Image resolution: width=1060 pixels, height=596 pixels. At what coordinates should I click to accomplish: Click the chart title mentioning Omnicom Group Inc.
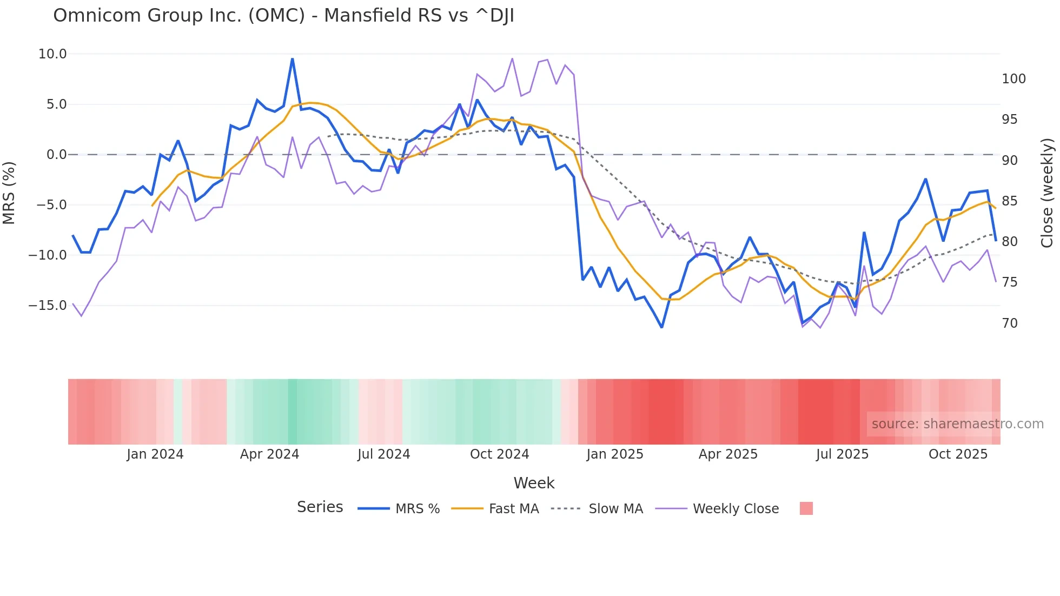click(x=283, y=16)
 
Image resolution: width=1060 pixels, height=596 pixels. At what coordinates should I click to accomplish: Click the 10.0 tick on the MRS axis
click(x=52, y=54)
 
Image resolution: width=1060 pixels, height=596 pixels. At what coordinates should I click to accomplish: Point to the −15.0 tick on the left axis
click(x=48, y=306)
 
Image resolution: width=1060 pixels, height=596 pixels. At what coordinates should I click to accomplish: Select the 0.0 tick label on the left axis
click(x=56, y=155)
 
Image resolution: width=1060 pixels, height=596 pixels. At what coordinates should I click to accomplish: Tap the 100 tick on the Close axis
click(x=1013, y=79)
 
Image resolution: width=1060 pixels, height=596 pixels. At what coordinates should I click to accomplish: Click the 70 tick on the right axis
click(x=1010, y=323)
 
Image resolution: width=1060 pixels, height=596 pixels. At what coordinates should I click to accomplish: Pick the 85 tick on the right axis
click(x=1010, y=201)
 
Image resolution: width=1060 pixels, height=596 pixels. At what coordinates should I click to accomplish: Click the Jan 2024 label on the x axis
click(x=155, y=454)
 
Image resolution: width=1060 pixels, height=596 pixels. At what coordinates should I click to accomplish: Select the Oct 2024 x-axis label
click(x=499, y=454)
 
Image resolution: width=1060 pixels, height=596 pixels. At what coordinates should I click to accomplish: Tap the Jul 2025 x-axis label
click(x=842, y=454)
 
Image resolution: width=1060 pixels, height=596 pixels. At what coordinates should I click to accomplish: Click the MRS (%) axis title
click(x=9, y=193)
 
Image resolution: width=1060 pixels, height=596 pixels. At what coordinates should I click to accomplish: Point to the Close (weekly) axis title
click(x=1048, y=193)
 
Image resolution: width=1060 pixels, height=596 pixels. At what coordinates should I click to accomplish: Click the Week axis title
click(x=534, y=483)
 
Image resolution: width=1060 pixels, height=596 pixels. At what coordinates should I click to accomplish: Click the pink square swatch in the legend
click(x=806, y=508)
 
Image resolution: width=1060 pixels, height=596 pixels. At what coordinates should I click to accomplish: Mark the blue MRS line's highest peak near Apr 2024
click(x=292, y=59)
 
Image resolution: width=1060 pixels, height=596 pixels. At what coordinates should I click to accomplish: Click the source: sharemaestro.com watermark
click(x=957, y=424)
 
